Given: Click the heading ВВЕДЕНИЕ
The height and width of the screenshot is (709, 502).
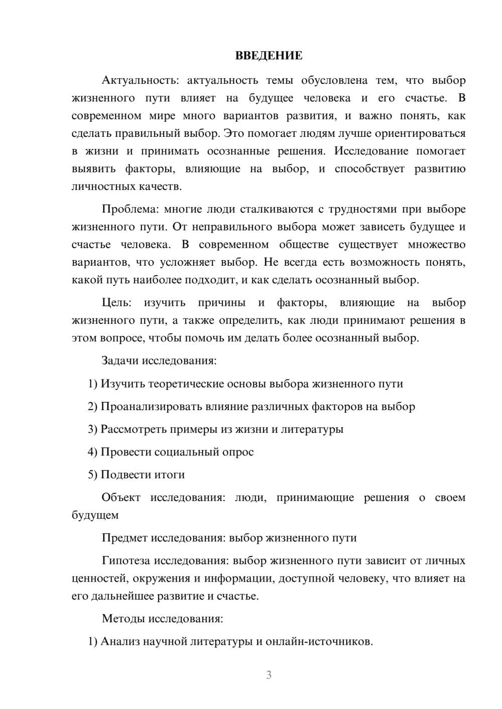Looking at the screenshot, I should click(x=269, y=56).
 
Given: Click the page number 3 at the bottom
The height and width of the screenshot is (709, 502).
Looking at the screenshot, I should click(x=269, y=675).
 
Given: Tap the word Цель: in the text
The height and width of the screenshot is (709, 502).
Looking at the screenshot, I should click(x=116, y=302).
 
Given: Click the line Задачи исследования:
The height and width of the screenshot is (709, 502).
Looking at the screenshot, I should click(x=159, y=361).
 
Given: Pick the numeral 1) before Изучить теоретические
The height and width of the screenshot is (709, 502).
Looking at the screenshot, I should click(x=92, y=384).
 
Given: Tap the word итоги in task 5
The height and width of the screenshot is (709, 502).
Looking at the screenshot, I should click(x=169, y=474).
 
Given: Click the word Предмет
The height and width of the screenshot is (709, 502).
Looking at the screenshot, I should click(x=125, y=538).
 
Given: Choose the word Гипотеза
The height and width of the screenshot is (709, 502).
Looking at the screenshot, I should click(x=126, y=561).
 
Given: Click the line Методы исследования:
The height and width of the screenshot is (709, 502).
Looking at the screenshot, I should click(x=162, y=618).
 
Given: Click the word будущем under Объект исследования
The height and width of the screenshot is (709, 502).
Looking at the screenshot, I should click(x=95, y=515).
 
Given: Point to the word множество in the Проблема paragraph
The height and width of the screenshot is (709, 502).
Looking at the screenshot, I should click(x=436, y=245).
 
